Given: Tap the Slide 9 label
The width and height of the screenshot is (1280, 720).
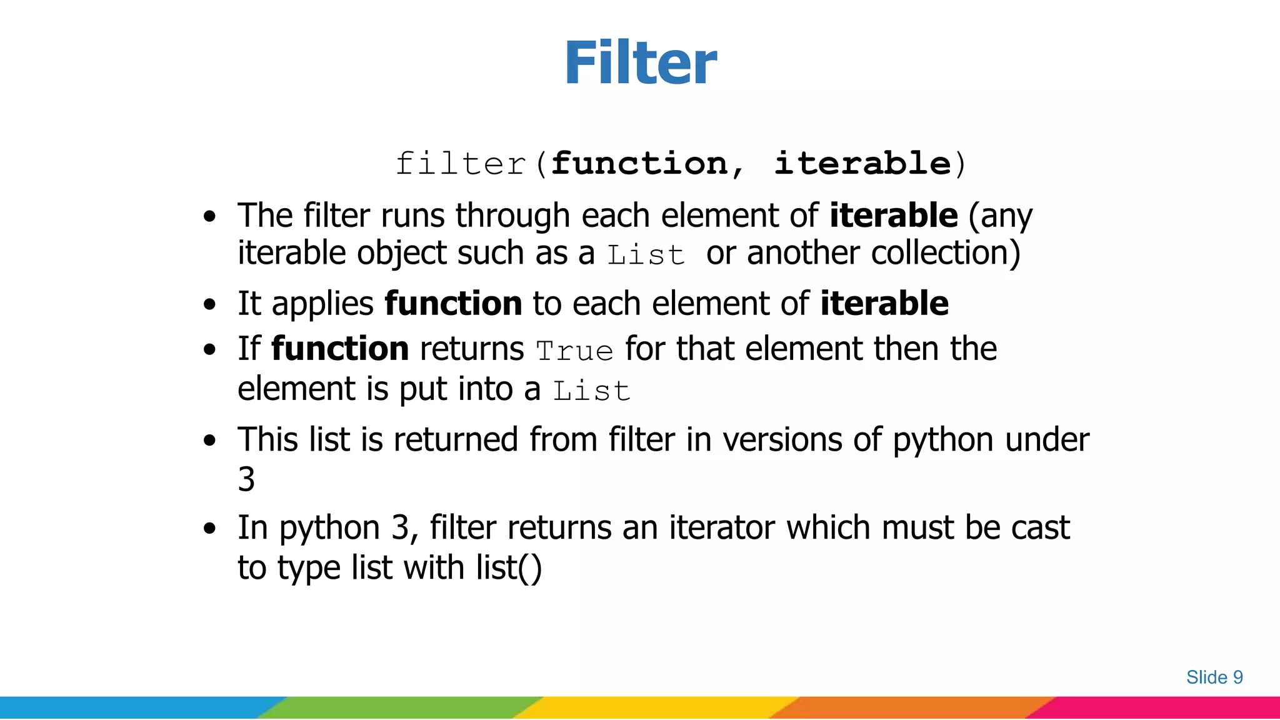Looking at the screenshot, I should click(1214, 677).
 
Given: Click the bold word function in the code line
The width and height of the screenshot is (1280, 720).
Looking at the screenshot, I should click(639, 164).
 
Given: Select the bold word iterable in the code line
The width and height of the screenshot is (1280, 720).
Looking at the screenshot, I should click(862, 164).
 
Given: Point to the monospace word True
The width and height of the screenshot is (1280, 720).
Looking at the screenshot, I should click(574, 351).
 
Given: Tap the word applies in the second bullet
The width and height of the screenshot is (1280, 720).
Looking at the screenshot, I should click(322, 304).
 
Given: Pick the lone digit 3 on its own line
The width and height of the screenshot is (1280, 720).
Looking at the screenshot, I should click(246, 479).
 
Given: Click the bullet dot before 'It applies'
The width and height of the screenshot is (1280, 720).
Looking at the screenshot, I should click(210, 305).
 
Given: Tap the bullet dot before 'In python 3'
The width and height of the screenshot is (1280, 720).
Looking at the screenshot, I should click(210, 529).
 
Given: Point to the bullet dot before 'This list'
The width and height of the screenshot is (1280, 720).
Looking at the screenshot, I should click(210, 441).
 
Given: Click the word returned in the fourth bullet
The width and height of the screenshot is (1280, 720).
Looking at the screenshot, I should click(456, 439).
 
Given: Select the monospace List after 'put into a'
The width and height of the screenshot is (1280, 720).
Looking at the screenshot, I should click(591, 391).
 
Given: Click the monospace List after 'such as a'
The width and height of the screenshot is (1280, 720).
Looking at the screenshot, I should click(646, 255).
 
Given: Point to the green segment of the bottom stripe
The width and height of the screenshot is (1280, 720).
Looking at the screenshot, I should click(400, 707).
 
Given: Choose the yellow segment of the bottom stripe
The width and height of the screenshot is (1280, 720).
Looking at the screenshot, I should click(656, 707).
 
